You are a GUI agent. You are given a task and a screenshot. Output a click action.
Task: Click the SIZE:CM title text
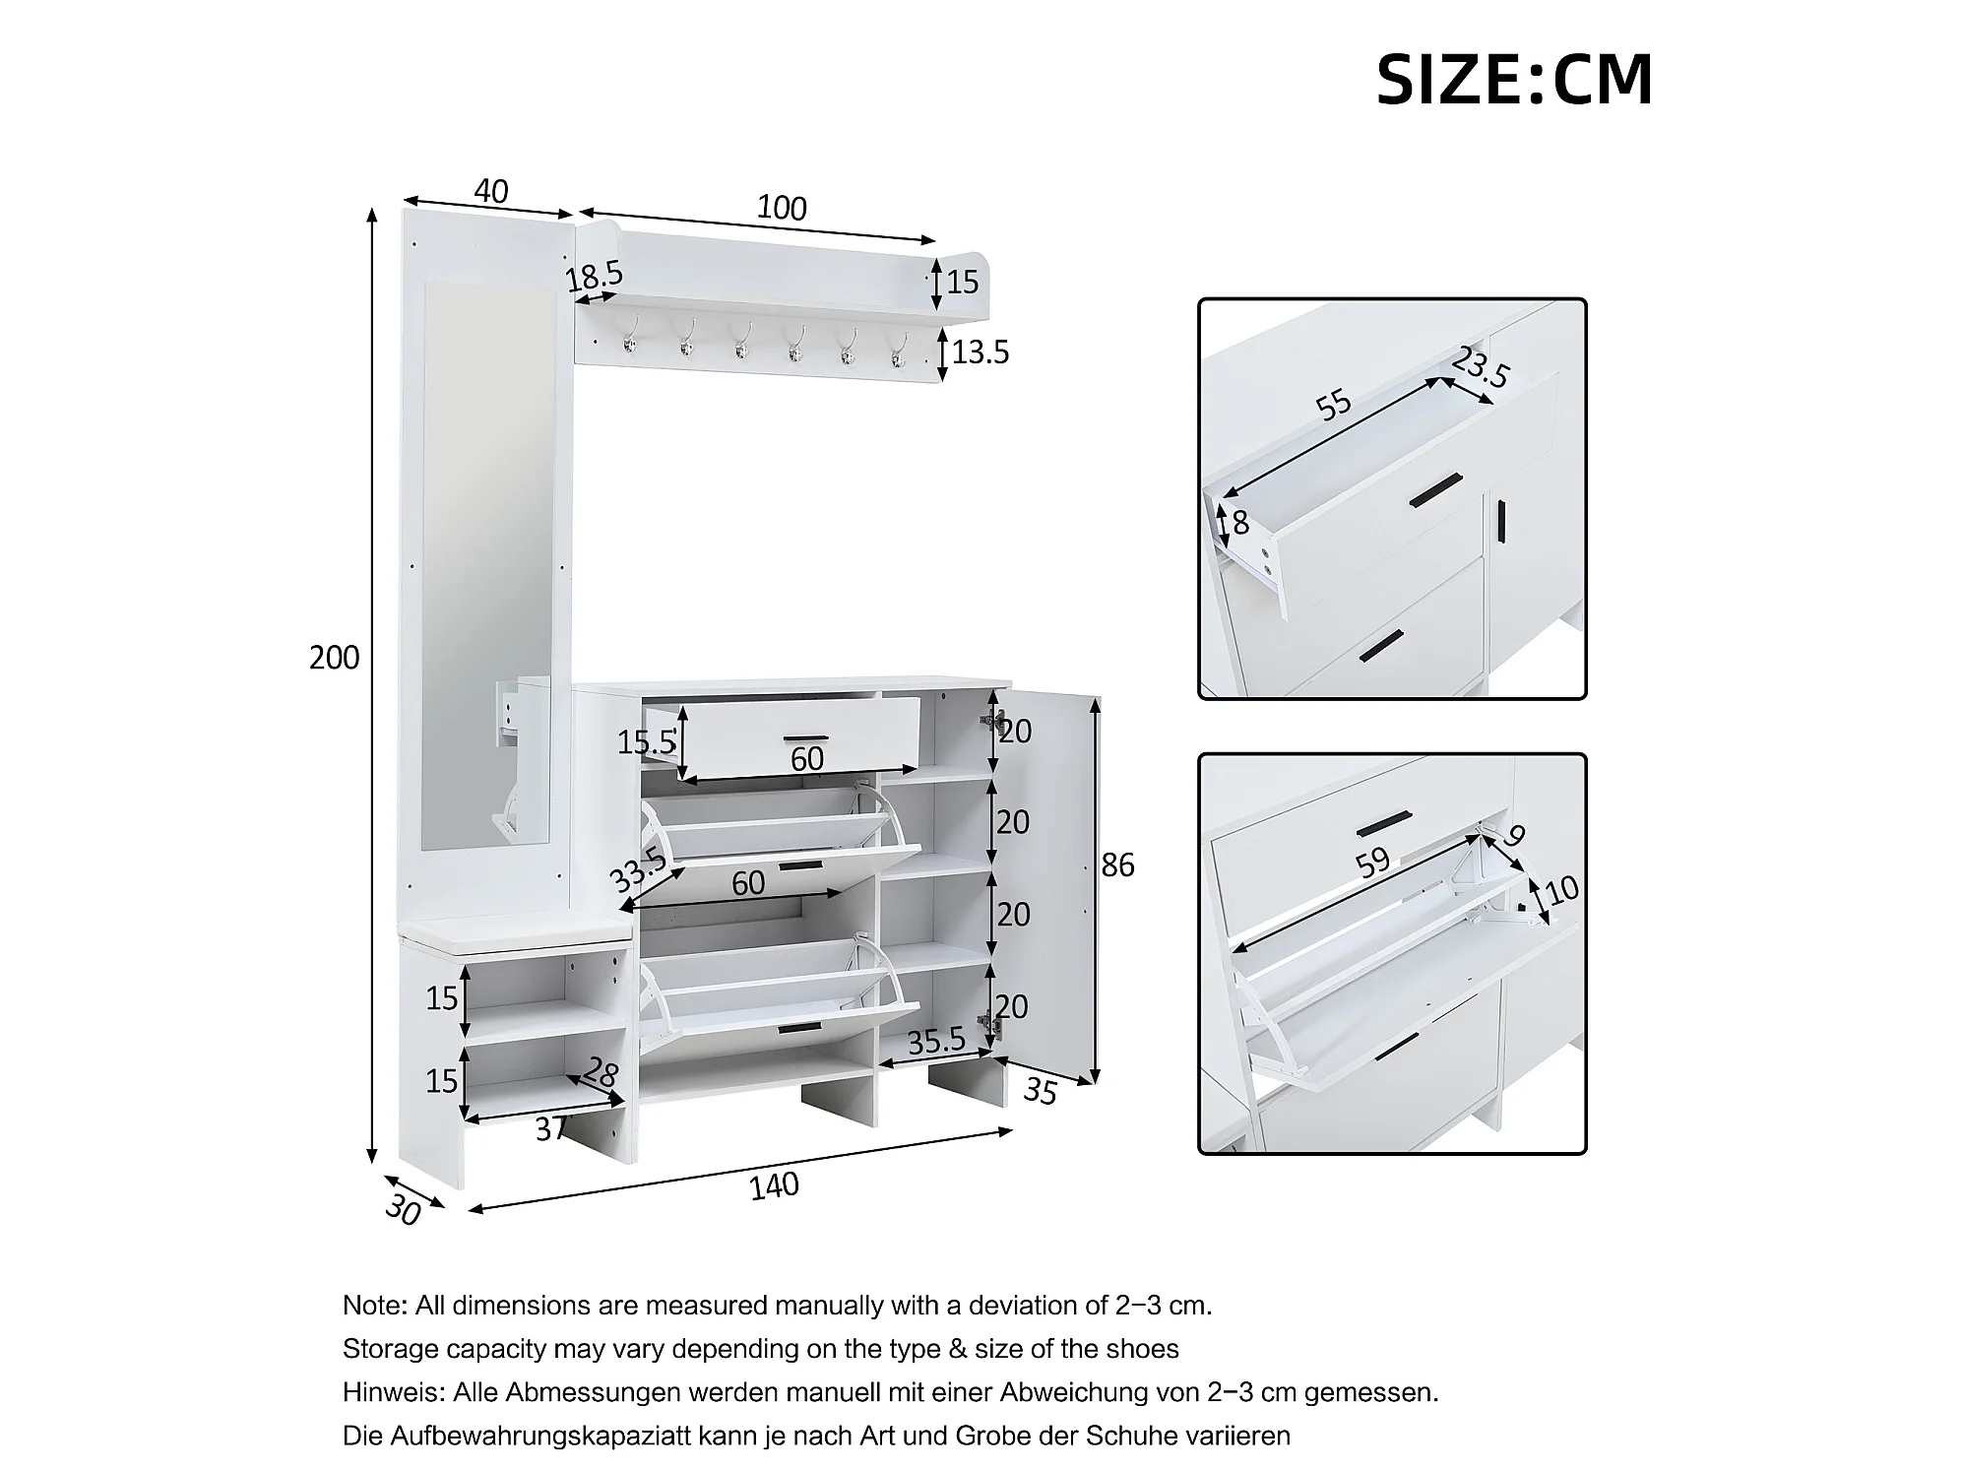[x=1513, y=80]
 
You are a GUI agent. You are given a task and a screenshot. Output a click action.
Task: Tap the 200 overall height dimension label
[x=334, y=658]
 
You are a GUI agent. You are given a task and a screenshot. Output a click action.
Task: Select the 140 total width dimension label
[x=774, y=1186]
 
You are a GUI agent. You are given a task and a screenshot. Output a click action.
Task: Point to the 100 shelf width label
[x=782, y=208]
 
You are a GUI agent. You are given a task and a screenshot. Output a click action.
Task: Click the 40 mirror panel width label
[x=490, y=191]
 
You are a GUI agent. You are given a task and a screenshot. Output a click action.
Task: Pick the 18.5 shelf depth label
[x=595, y=278]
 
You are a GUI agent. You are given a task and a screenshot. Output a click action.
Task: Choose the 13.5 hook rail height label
[x=981, y=352]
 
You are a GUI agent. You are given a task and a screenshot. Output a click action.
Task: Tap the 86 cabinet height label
[x=1117, y=865]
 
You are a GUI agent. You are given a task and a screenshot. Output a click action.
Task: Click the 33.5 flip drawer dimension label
[x=637, y=868]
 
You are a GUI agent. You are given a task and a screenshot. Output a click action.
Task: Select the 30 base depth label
[x=402, y=1210]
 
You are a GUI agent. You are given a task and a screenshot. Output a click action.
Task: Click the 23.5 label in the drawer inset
[x=1480, y=368]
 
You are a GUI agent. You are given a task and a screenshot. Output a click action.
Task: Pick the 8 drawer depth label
[x=1240, y=523]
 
